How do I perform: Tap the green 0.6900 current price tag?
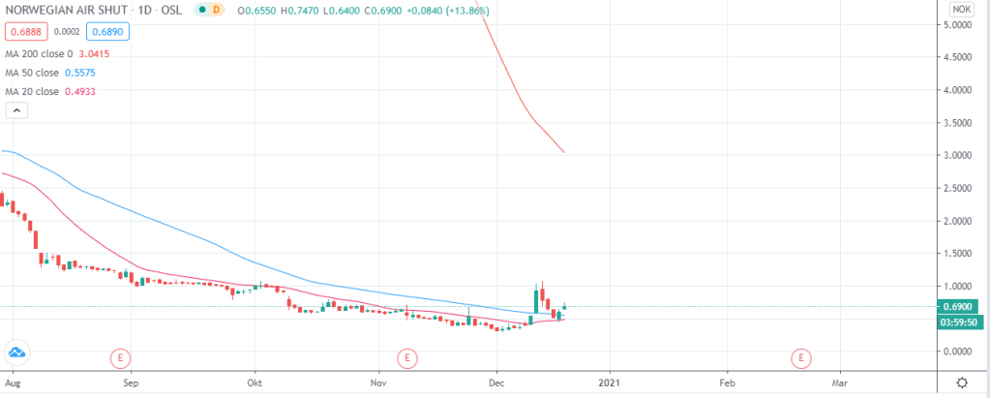click(961, 307)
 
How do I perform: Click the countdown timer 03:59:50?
click(962, 321)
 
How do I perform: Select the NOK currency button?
click(961, 9)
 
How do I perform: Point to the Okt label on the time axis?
click(255, 383)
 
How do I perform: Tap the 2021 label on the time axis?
click(610, 383)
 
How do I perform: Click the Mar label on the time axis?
click(840, 383)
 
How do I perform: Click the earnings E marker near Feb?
click(800, 358)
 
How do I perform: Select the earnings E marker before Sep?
click(120, 358)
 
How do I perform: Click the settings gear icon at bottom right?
click(961, 383)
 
